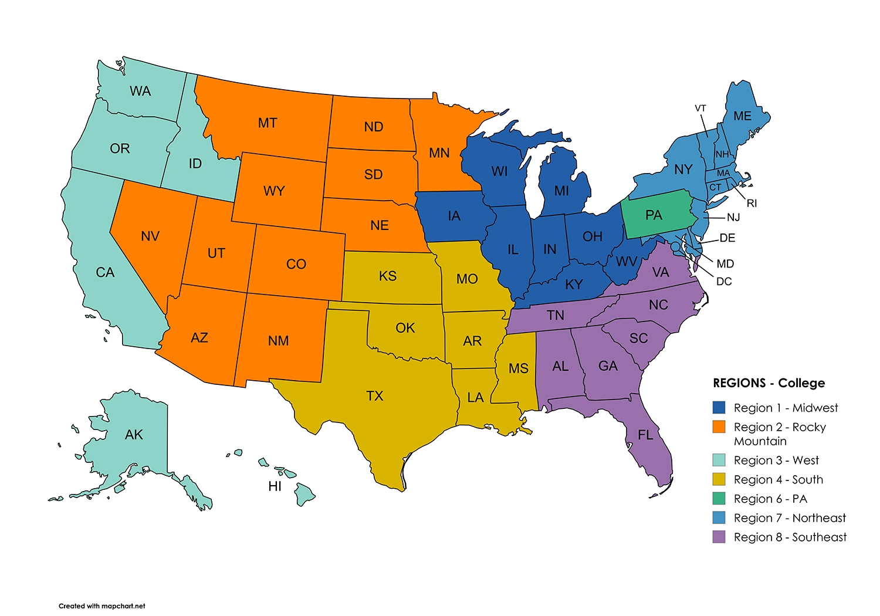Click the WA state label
pos(140,91)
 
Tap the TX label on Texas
pos(374,396)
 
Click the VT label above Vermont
pos(700,109)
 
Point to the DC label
pos(724,282)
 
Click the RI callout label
pos(752,204)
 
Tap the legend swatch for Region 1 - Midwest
pos(719,408)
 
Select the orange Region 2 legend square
pos(719,427)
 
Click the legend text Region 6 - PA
pos(770,499)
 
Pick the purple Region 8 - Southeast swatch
pos(719,537)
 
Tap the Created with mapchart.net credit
pos(101,606)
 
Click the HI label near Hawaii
pos(275,486)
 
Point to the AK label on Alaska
pos(134,435)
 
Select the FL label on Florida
pos(645,435)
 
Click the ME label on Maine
pos(742,116)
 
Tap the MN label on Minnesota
pos(439,153)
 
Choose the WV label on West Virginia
pos(627,262)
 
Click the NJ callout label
pos(733,218)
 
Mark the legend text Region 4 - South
pos(778,479)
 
